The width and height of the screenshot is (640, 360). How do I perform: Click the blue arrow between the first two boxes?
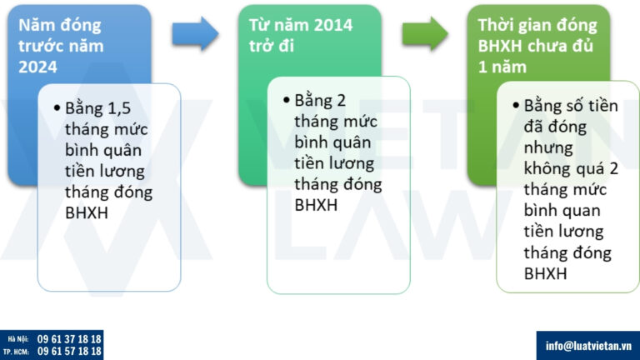click(195, 33)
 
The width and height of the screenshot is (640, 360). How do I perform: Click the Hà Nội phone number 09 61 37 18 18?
click(70, 339)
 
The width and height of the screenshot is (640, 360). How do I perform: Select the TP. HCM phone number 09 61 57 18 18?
click(70, 352)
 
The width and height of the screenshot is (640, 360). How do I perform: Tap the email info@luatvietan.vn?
click(587, 345)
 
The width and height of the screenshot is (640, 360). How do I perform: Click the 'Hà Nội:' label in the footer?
click(18, 339)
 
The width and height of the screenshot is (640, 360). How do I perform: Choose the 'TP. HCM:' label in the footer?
click(18, 352)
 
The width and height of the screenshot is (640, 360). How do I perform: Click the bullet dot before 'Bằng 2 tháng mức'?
click(287, 101)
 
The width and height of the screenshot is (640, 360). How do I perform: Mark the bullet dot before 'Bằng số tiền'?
click(516, 107)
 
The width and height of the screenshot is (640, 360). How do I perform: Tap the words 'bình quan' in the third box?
click(562, 211)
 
